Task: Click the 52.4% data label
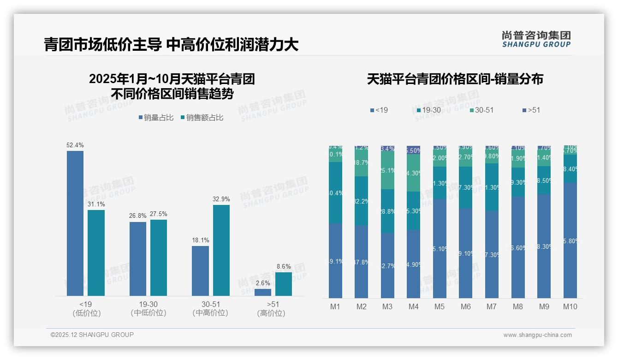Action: click(75, 145)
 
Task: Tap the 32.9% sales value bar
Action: click(221, 250)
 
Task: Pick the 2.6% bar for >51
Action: click(263, 292)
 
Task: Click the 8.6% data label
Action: click(284, 266)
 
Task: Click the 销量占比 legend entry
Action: click(156, 118)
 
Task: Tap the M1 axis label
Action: click(335, 306)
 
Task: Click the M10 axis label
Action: click(570, 306)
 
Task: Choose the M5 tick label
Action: click(440, 306)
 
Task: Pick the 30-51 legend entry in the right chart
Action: click(481, 110)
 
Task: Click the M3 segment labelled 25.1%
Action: click(387, 170)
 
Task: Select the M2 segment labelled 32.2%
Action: click(362, 201)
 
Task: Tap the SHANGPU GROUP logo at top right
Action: click(536, 39)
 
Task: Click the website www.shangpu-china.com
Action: click(537, 335)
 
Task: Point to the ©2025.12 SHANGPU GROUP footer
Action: click(92, 335)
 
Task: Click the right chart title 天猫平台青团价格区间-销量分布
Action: click(455, 79)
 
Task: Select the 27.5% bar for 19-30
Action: click(159, 258)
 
